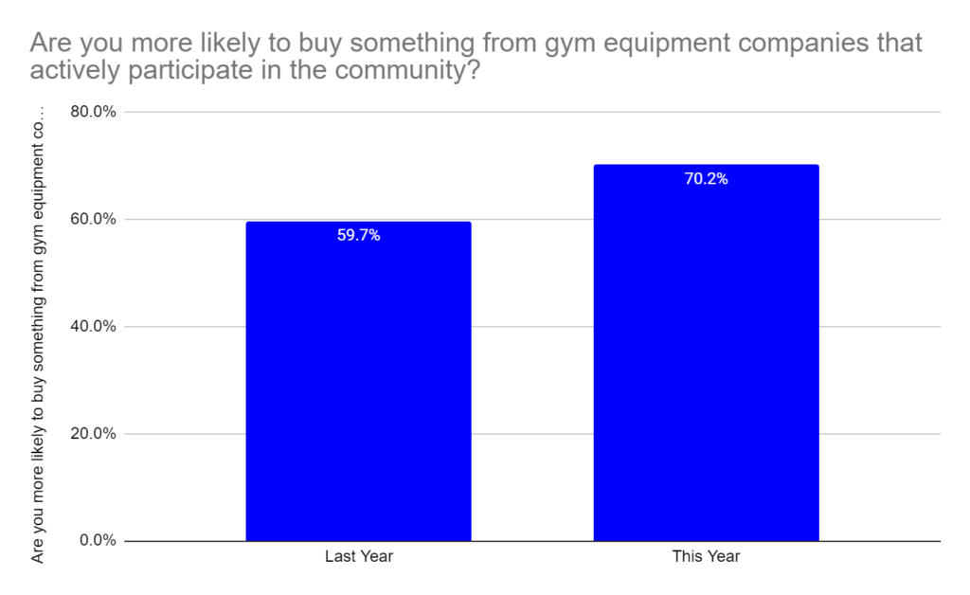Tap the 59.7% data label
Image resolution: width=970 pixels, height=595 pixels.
click(358, 235)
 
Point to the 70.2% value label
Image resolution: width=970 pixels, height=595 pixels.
click(706, 178)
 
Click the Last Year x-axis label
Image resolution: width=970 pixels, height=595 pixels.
click(358, 556)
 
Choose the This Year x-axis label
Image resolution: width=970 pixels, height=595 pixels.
click(706, 556)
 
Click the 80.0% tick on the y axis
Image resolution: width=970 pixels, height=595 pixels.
click(93, 112)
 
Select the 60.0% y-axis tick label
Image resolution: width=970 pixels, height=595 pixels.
click(93, 219)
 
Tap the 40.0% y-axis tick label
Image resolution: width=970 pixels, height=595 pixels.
click(93, 327)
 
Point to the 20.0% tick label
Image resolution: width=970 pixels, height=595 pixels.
click(93, 434)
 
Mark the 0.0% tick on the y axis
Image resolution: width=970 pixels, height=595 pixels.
click(97, 541)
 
